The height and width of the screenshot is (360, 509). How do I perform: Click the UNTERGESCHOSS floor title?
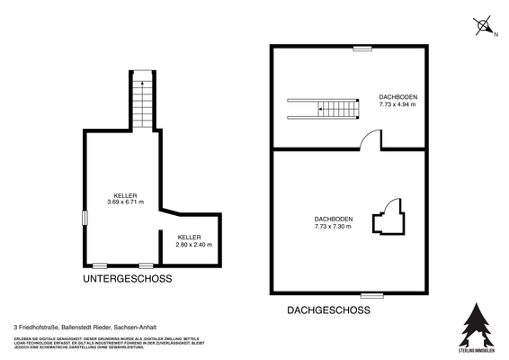[x=127, y=279]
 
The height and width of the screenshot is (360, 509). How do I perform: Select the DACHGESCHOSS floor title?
[x=328, y=310]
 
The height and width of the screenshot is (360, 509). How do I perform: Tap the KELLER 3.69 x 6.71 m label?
[x=126, y=199]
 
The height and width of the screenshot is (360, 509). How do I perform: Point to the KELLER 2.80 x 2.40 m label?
[x=193, y=240]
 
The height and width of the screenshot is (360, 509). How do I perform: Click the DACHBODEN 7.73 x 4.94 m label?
[x=397, y=100]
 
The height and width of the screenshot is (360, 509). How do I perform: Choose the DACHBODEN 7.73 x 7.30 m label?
[x=333, y=223]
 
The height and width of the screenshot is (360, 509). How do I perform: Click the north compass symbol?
[x=481, y=25]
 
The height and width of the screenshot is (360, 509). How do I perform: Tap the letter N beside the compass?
[x=496, y=35]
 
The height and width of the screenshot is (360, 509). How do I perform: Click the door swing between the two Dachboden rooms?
[x=371, y=139]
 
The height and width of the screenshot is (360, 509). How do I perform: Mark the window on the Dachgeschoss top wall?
[x=362, y=47]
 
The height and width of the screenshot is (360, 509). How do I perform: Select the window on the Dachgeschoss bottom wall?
[x=372, y=294]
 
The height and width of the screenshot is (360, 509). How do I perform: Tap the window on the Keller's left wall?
[x=85, y=218]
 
